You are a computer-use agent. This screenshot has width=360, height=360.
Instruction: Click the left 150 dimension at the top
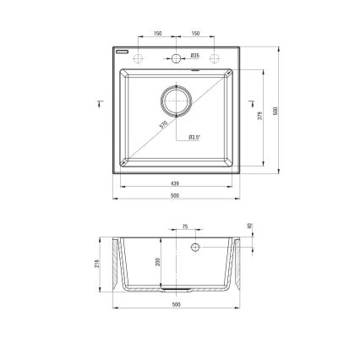pos(157,34)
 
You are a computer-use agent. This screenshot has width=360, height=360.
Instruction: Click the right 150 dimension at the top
pos(194,34)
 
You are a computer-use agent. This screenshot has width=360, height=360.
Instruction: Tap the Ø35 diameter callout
pos(194,58)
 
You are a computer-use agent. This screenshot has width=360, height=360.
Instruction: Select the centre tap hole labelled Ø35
pos(176,58)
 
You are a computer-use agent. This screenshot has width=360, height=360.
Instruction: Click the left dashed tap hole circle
pos(139,58)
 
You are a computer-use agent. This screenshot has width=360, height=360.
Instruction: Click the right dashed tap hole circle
pos(213,58)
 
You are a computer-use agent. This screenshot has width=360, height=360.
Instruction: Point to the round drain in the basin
pos(176,99)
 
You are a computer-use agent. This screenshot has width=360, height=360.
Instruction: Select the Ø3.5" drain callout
pos(194,136)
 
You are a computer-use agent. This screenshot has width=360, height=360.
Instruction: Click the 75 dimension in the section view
pos(185,227)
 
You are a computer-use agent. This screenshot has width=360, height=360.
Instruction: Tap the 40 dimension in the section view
pos(250,226)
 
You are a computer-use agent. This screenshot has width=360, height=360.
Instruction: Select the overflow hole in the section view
pos(194,248)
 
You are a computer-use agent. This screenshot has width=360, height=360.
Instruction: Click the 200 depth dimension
pos(158,263)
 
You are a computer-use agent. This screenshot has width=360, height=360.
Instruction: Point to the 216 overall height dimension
pos(97,265)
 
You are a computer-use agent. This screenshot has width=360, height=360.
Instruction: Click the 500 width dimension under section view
pos(176,304)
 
